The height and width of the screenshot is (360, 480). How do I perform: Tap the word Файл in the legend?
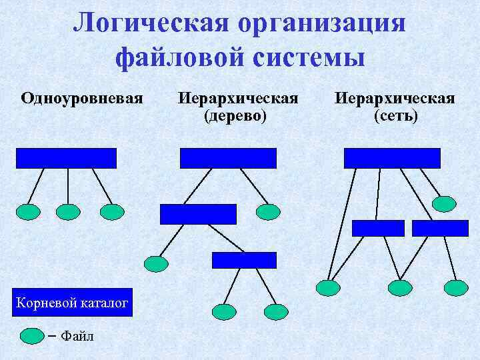(x=77, y=336)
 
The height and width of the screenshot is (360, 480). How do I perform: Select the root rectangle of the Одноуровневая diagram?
(x=66, y=158)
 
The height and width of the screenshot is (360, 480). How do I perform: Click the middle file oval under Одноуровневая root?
(x=68, y=212)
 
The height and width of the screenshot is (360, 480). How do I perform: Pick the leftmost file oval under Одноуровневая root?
(x=27, y=212)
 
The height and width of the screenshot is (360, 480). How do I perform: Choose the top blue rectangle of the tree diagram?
(x=227, y=158)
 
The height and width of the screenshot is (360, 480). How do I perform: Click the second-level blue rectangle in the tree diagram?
(x=198, y=214)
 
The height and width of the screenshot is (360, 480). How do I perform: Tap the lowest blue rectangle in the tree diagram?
(x=243, y=260)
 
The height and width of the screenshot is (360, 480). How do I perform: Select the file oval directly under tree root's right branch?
(x=268, y=212)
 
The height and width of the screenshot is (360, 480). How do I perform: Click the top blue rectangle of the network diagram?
(x=392, y=158)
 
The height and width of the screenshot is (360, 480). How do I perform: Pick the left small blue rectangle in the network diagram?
(x=378, y=228)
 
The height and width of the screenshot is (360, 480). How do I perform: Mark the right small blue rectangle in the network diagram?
(x=440, y=228)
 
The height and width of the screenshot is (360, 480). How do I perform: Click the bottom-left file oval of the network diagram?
(x=327, y=288)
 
